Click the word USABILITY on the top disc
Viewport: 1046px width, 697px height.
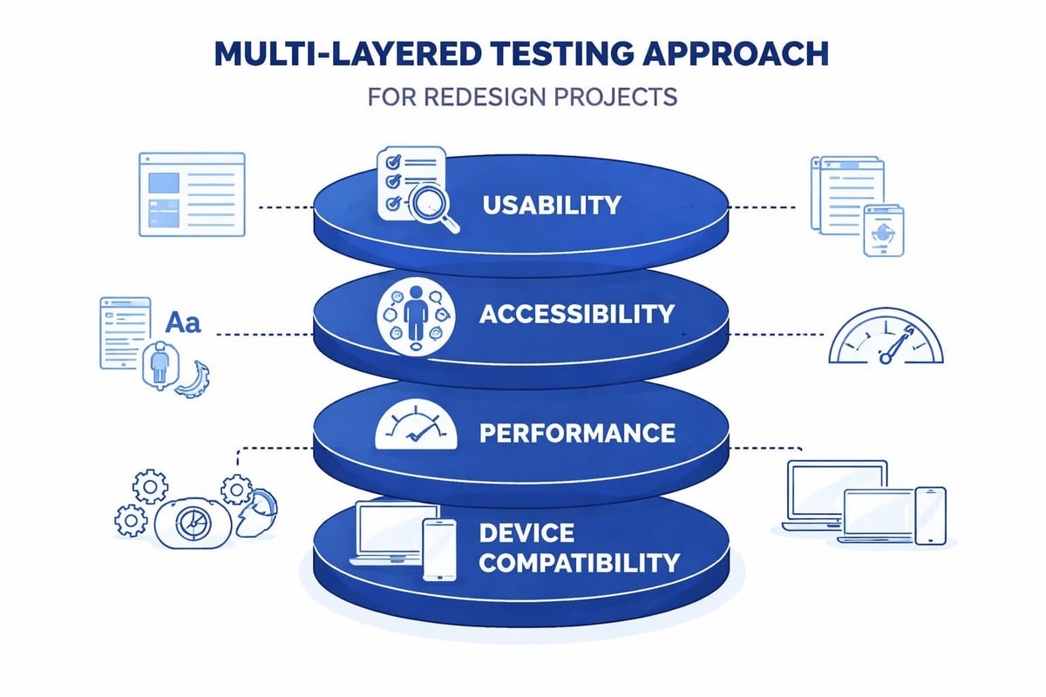(551, 205)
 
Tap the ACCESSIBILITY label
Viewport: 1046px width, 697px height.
(576, 314)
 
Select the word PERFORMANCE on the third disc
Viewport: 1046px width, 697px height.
(576, 432)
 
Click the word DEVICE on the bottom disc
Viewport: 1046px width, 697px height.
(526, 532)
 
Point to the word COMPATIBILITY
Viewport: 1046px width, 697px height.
(579, 563)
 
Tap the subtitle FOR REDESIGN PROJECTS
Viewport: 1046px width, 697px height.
(522, 96)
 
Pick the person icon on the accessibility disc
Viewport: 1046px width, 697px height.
(414, 314)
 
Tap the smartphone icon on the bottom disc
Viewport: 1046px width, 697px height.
(439, 550)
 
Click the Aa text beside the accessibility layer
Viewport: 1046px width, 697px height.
(183, 323)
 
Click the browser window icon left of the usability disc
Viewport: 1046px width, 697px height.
(192, 193)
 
